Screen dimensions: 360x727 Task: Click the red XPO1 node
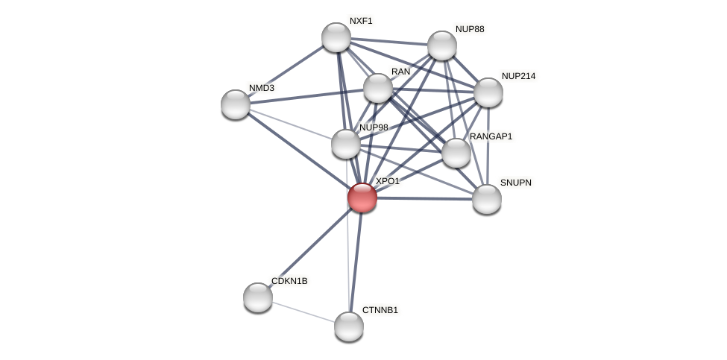(362, 198)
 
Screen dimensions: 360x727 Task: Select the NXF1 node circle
(336, 37)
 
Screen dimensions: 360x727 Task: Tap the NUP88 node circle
(442, 45)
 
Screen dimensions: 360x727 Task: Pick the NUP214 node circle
(488, 92)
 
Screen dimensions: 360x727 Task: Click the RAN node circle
(378, 88)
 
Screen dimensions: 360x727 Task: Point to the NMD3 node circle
(236, 104)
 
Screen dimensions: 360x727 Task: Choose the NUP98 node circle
(346, 144)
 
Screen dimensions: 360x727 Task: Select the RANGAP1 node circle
(456, 153)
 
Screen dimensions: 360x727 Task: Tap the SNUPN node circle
(487, 199)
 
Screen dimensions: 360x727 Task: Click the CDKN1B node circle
(258, 297)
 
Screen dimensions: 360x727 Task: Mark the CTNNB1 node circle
(349, 326)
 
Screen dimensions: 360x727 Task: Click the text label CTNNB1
(380, 310)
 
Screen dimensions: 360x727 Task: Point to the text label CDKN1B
(289, 282)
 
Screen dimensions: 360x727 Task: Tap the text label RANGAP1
(491, 136)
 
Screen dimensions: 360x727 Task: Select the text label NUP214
(518, 76)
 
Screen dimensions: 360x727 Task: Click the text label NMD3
(262, 88)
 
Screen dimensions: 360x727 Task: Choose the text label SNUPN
(515, 183)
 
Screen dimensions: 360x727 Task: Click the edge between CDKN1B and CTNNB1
(303, 312)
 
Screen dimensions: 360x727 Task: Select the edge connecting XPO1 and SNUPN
(425, 198)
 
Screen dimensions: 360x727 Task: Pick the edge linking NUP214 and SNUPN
(488, 146)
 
